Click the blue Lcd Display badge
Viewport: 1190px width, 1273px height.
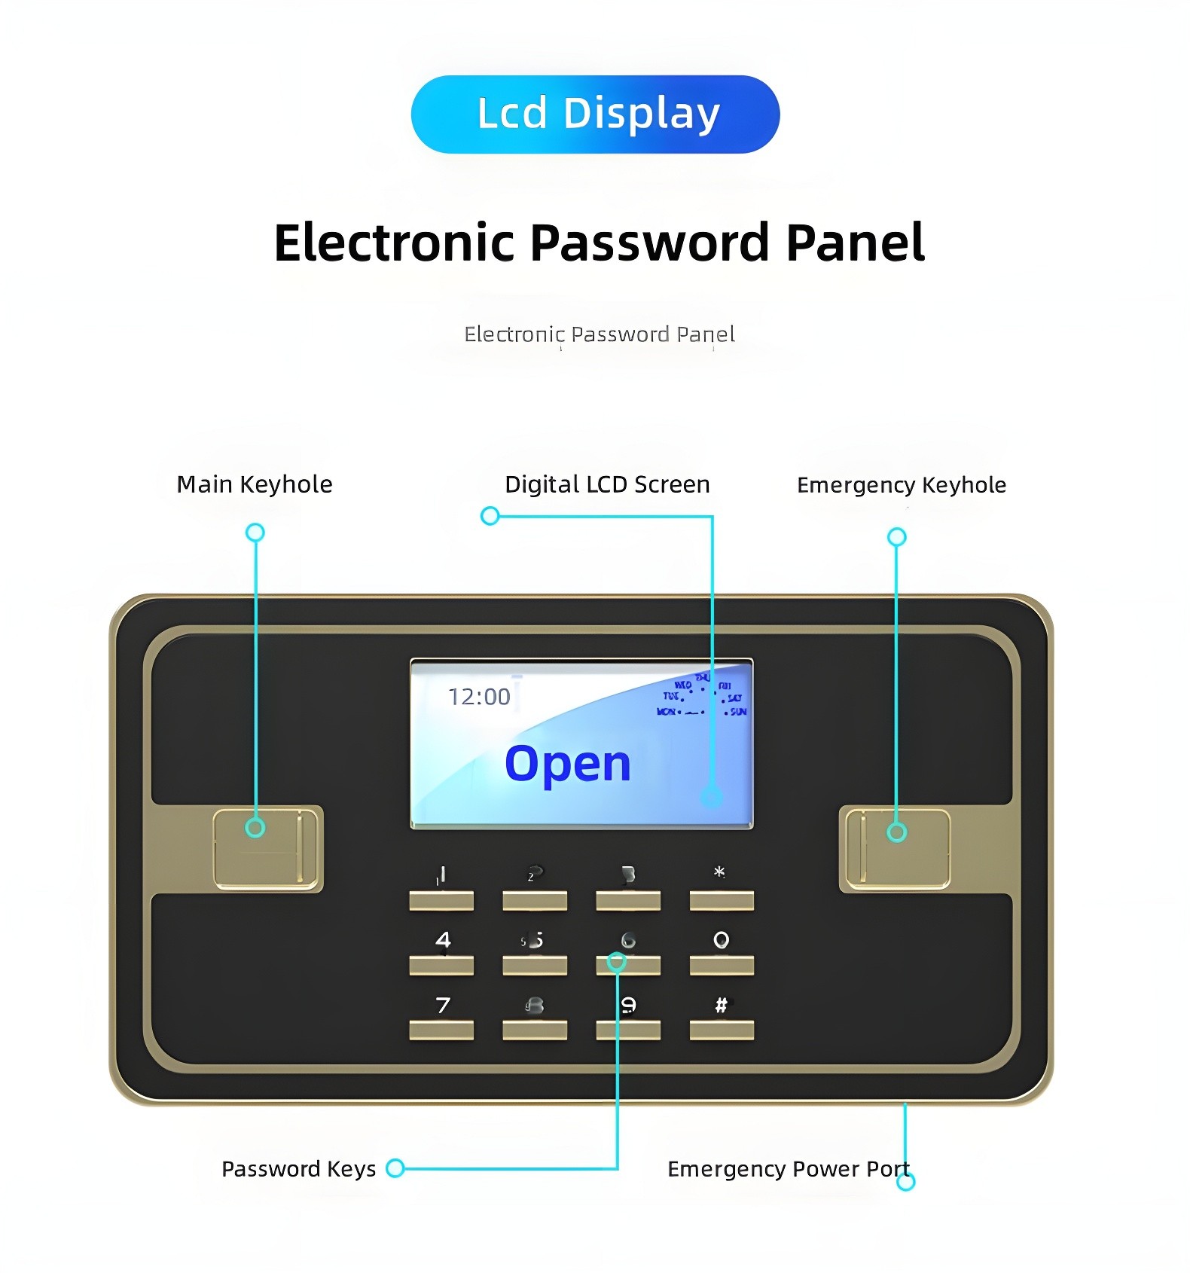click(595, 114)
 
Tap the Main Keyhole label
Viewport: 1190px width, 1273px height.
click(255, 484)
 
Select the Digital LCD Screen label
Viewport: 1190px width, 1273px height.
click(607, 484)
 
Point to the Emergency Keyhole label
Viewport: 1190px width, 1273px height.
click(902, 485)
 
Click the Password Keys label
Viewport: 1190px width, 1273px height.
click(298, 1169)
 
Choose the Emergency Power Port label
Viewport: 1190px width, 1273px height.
click(788, 1169)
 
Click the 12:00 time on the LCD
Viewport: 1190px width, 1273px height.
click(479, 698)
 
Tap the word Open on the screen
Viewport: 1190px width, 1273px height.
click(568, 764)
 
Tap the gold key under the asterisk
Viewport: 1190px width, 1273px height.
click(722, 901)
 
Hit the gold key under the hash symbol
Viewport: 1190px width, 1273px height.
click(722, 1030)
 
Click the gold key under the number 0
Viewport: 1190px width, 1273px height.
click(722, 966)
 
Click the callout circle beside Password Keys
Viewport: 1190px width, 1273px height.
click(395, 1168)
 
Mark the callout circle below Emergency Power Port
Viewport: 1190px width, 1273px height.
click(906, 1182)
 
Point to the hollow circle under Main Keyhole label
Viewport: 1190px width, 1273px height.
click(255, 533)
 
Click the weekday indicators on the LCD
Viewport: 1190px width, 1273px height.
click(702, 698)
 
